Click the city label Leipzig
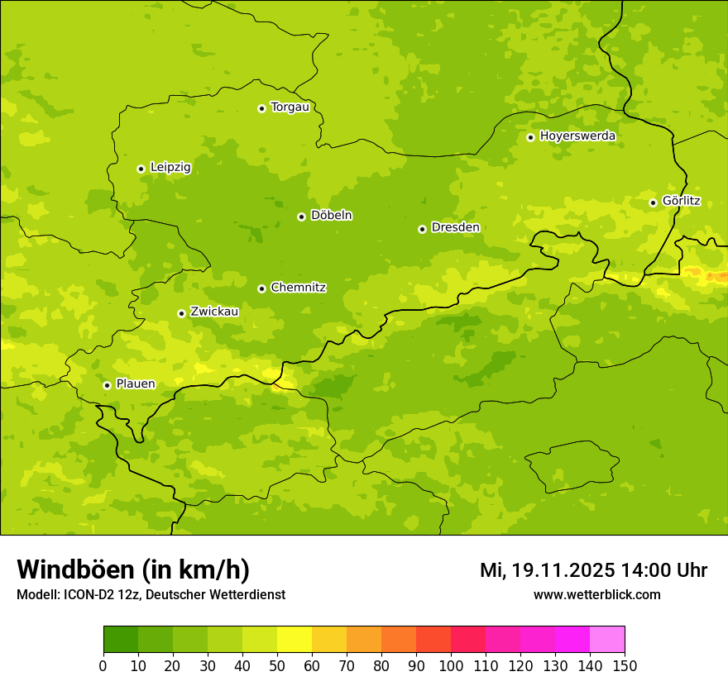[x=170, y=168]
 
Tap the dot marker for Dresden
[x=422, y=229]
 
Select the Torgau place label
[x=290, y=107]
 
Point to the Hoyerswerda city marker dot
[x=530, y=137]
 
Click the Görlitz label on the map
[x=681, y=201]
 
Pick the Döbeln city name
[x=331, y=216]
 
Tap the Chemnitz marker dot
[x=261, y=288]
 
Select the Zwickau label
[x=214, y=312]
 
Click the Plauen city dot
[x=107, y=385]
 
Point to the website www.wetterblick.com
[x=596, y=594]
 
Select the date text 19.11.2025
[x=562, y=570]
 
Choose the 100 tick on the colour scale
[x=451, y=665]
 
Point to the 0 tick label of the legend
[x=103, y=665]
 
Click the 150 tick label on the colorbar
[x=625, y=665]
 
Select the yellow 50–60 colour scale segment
[x=295, y=640]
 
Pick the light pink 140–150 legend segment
[x=607, y=640]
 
